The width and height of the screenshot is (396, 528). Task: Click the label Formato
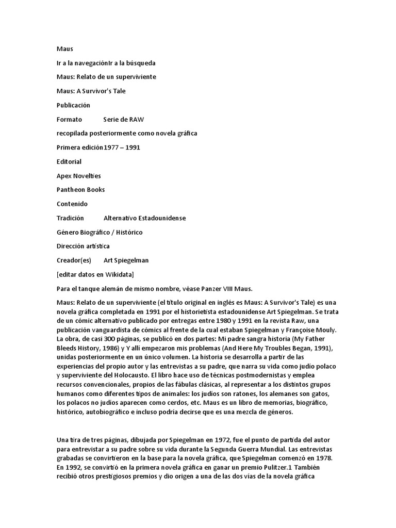click(69, 119)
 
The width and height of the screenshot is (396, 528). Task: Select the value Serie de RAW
click(123, 119)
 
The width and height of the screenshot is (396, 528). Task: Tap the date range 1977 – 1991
click(122, 147)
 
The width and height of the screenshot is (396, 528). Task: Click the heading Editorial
click(69, 161)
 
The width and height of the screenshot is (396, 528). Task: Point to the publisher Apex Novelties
click(78, 175)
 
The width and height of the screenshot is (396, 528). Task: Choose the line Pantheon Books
click(80, 189)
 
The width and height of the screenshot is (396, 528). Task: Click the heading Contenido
click(72, 204)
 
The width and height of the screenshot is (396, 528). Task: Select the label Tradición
click(70, 218)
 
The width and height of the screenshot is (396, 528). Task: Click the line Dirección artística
click(83, 246)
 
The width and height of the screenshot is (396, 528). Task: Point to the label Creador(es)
click(74, 260)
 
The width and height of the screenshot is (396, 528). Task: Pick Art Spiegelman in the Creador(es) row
click(126, 260)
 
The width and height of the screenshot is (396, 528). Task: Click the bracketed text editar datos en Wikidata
click(95, 274)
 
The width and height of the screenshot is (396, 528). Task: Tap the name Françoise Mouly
click(310, 329)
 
